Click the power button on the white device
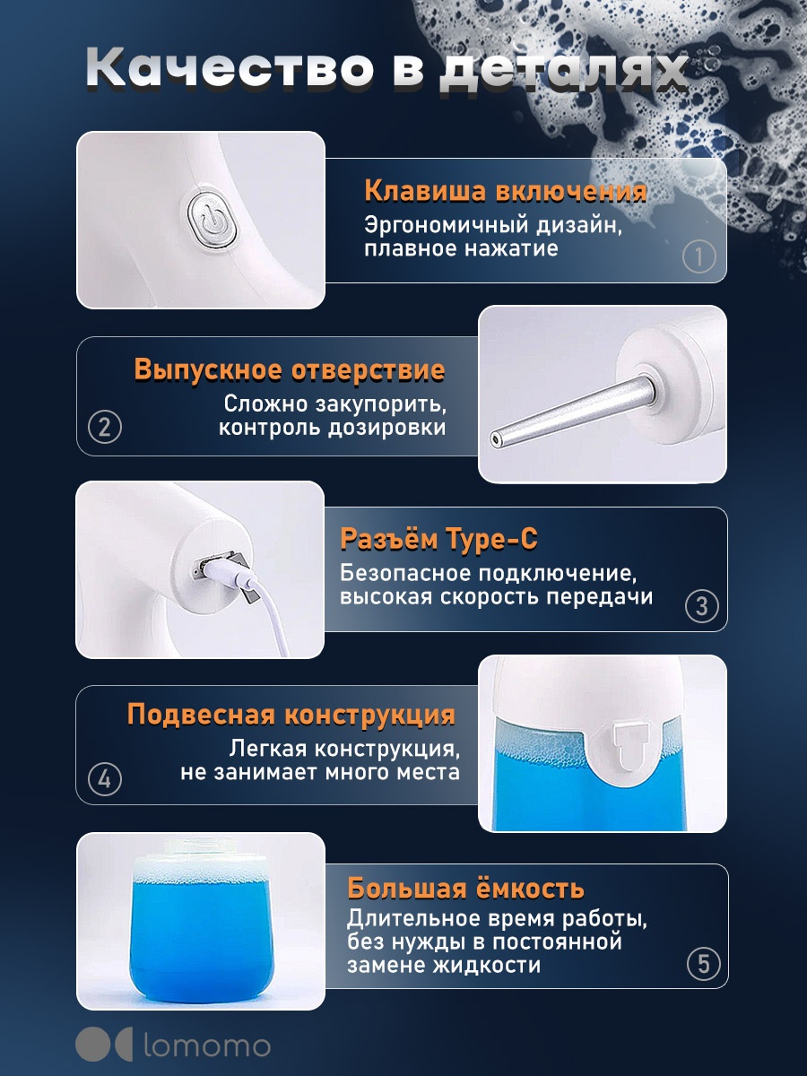click(213, 222)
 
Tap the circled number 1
click(699, 256)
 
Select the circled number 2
click(105, 427)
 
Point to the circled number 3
click(702, 606)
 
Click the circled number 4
click(105, 779)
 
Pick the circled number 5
click(704, 964)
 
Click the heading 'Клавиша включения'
click(505, 191)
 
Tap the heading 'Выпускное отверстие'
click(290, 369)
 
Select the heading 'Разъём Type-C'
click(439, 540)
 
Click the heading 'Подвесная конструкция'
click(291, 715)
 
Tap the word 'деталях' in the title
click(562, 70)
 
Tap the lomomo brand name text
click(207, 1046)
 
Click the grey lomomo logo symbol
click(104, 1046)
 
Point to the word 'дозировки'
click(387, 429)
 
